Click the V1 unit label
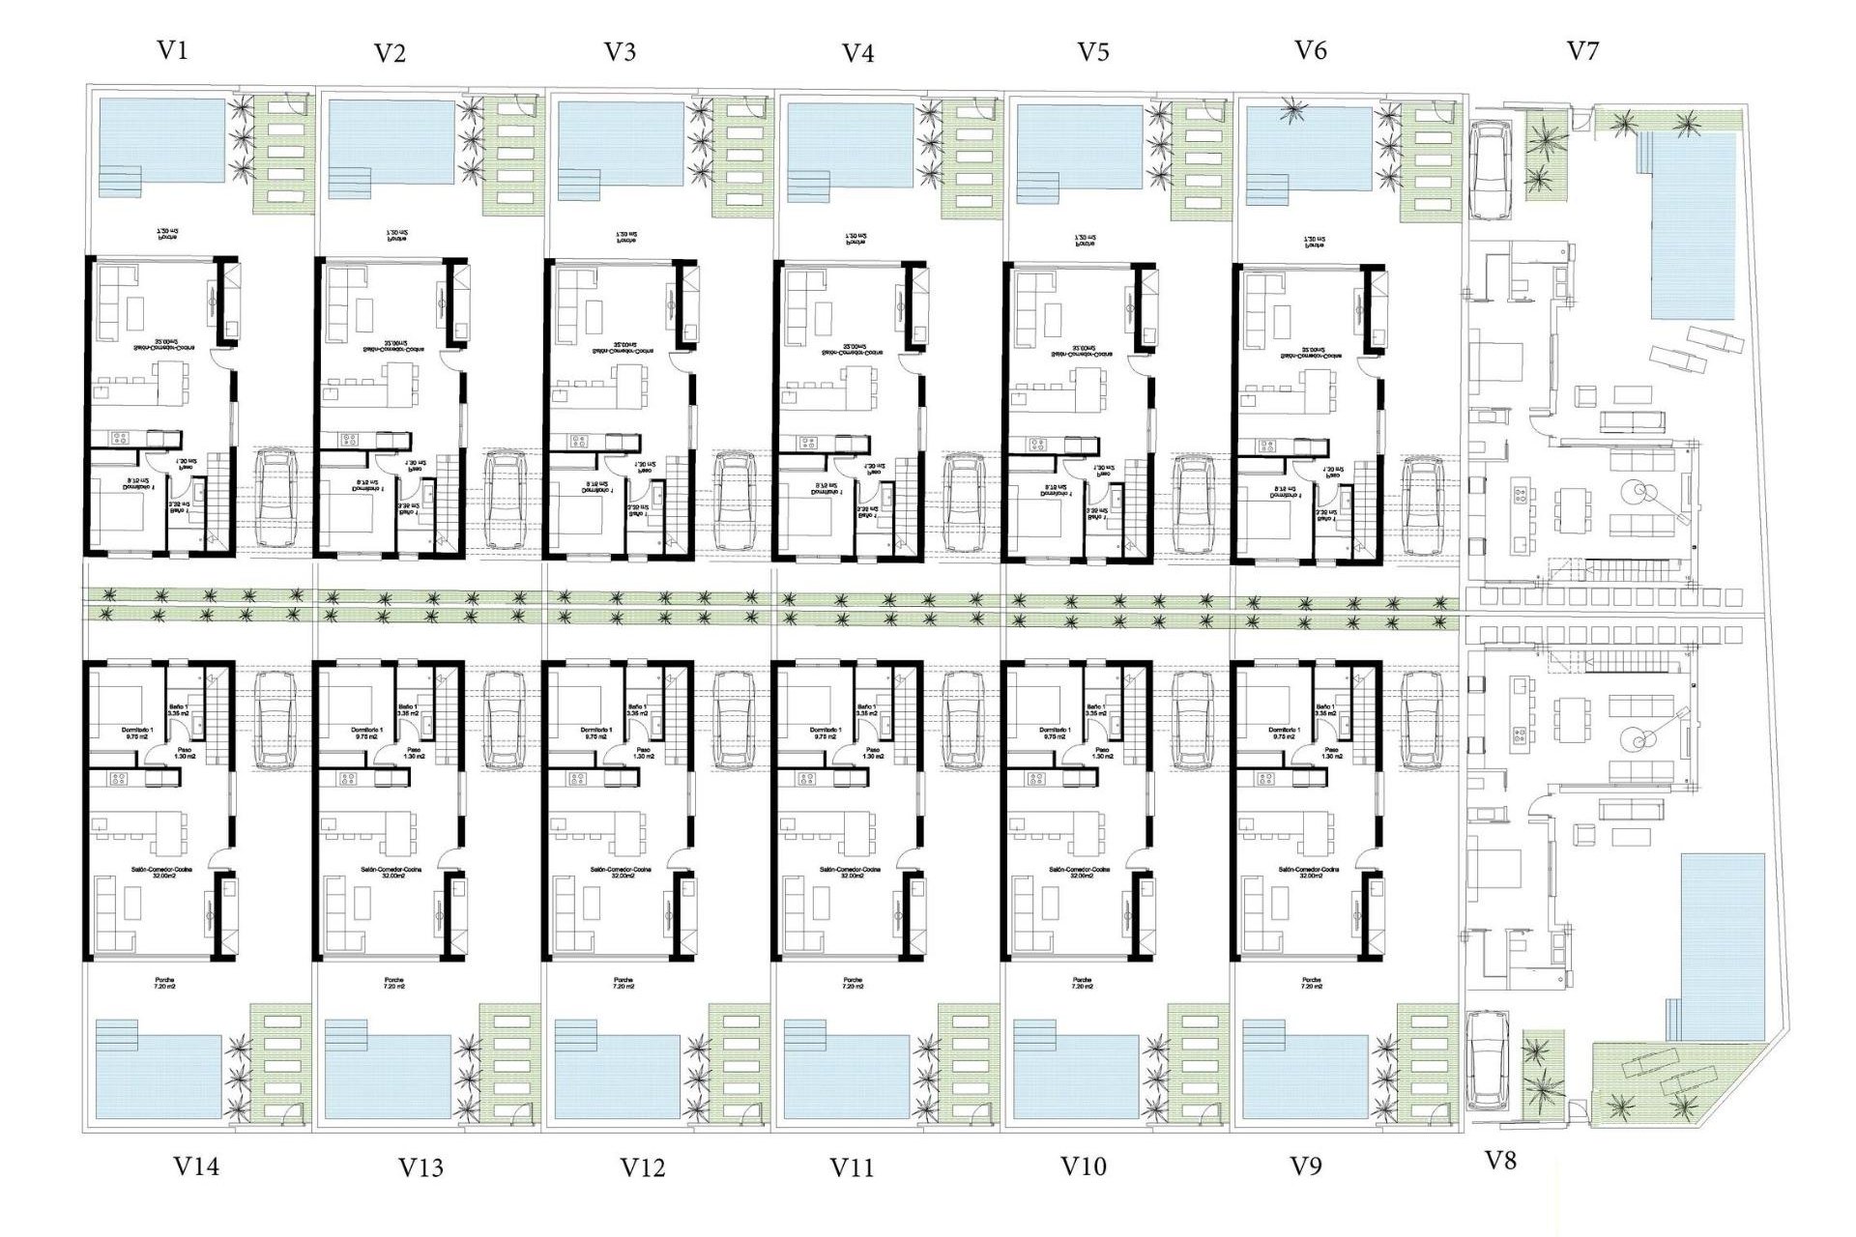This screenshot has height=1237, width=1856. point(172,50)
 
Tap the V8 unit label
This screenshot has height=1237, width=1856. point(1499,1161)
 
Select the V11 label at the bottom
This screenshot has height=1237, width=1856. point(852,1167)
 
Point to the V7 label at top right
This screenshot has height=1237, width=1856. point(1582,50)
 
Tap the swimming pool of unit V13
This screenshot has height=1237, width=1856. point(389,1075)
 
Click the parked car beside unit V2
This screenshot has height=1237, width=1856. point(505,500)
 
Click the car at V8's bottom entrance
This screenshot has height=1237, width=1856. point(1487,1060)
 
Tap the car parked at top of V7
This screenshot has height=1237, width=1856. point(1490,169)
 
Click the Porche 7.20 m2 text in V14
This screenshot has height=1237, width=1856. point(164,984)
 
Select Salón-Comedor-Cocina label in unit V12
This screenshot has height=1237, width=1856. point(623,872)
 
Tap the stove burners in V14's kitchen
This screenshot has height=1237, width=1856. point(119,778)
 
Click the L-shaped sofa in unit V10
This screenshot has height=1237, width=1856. point(1027,913)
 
